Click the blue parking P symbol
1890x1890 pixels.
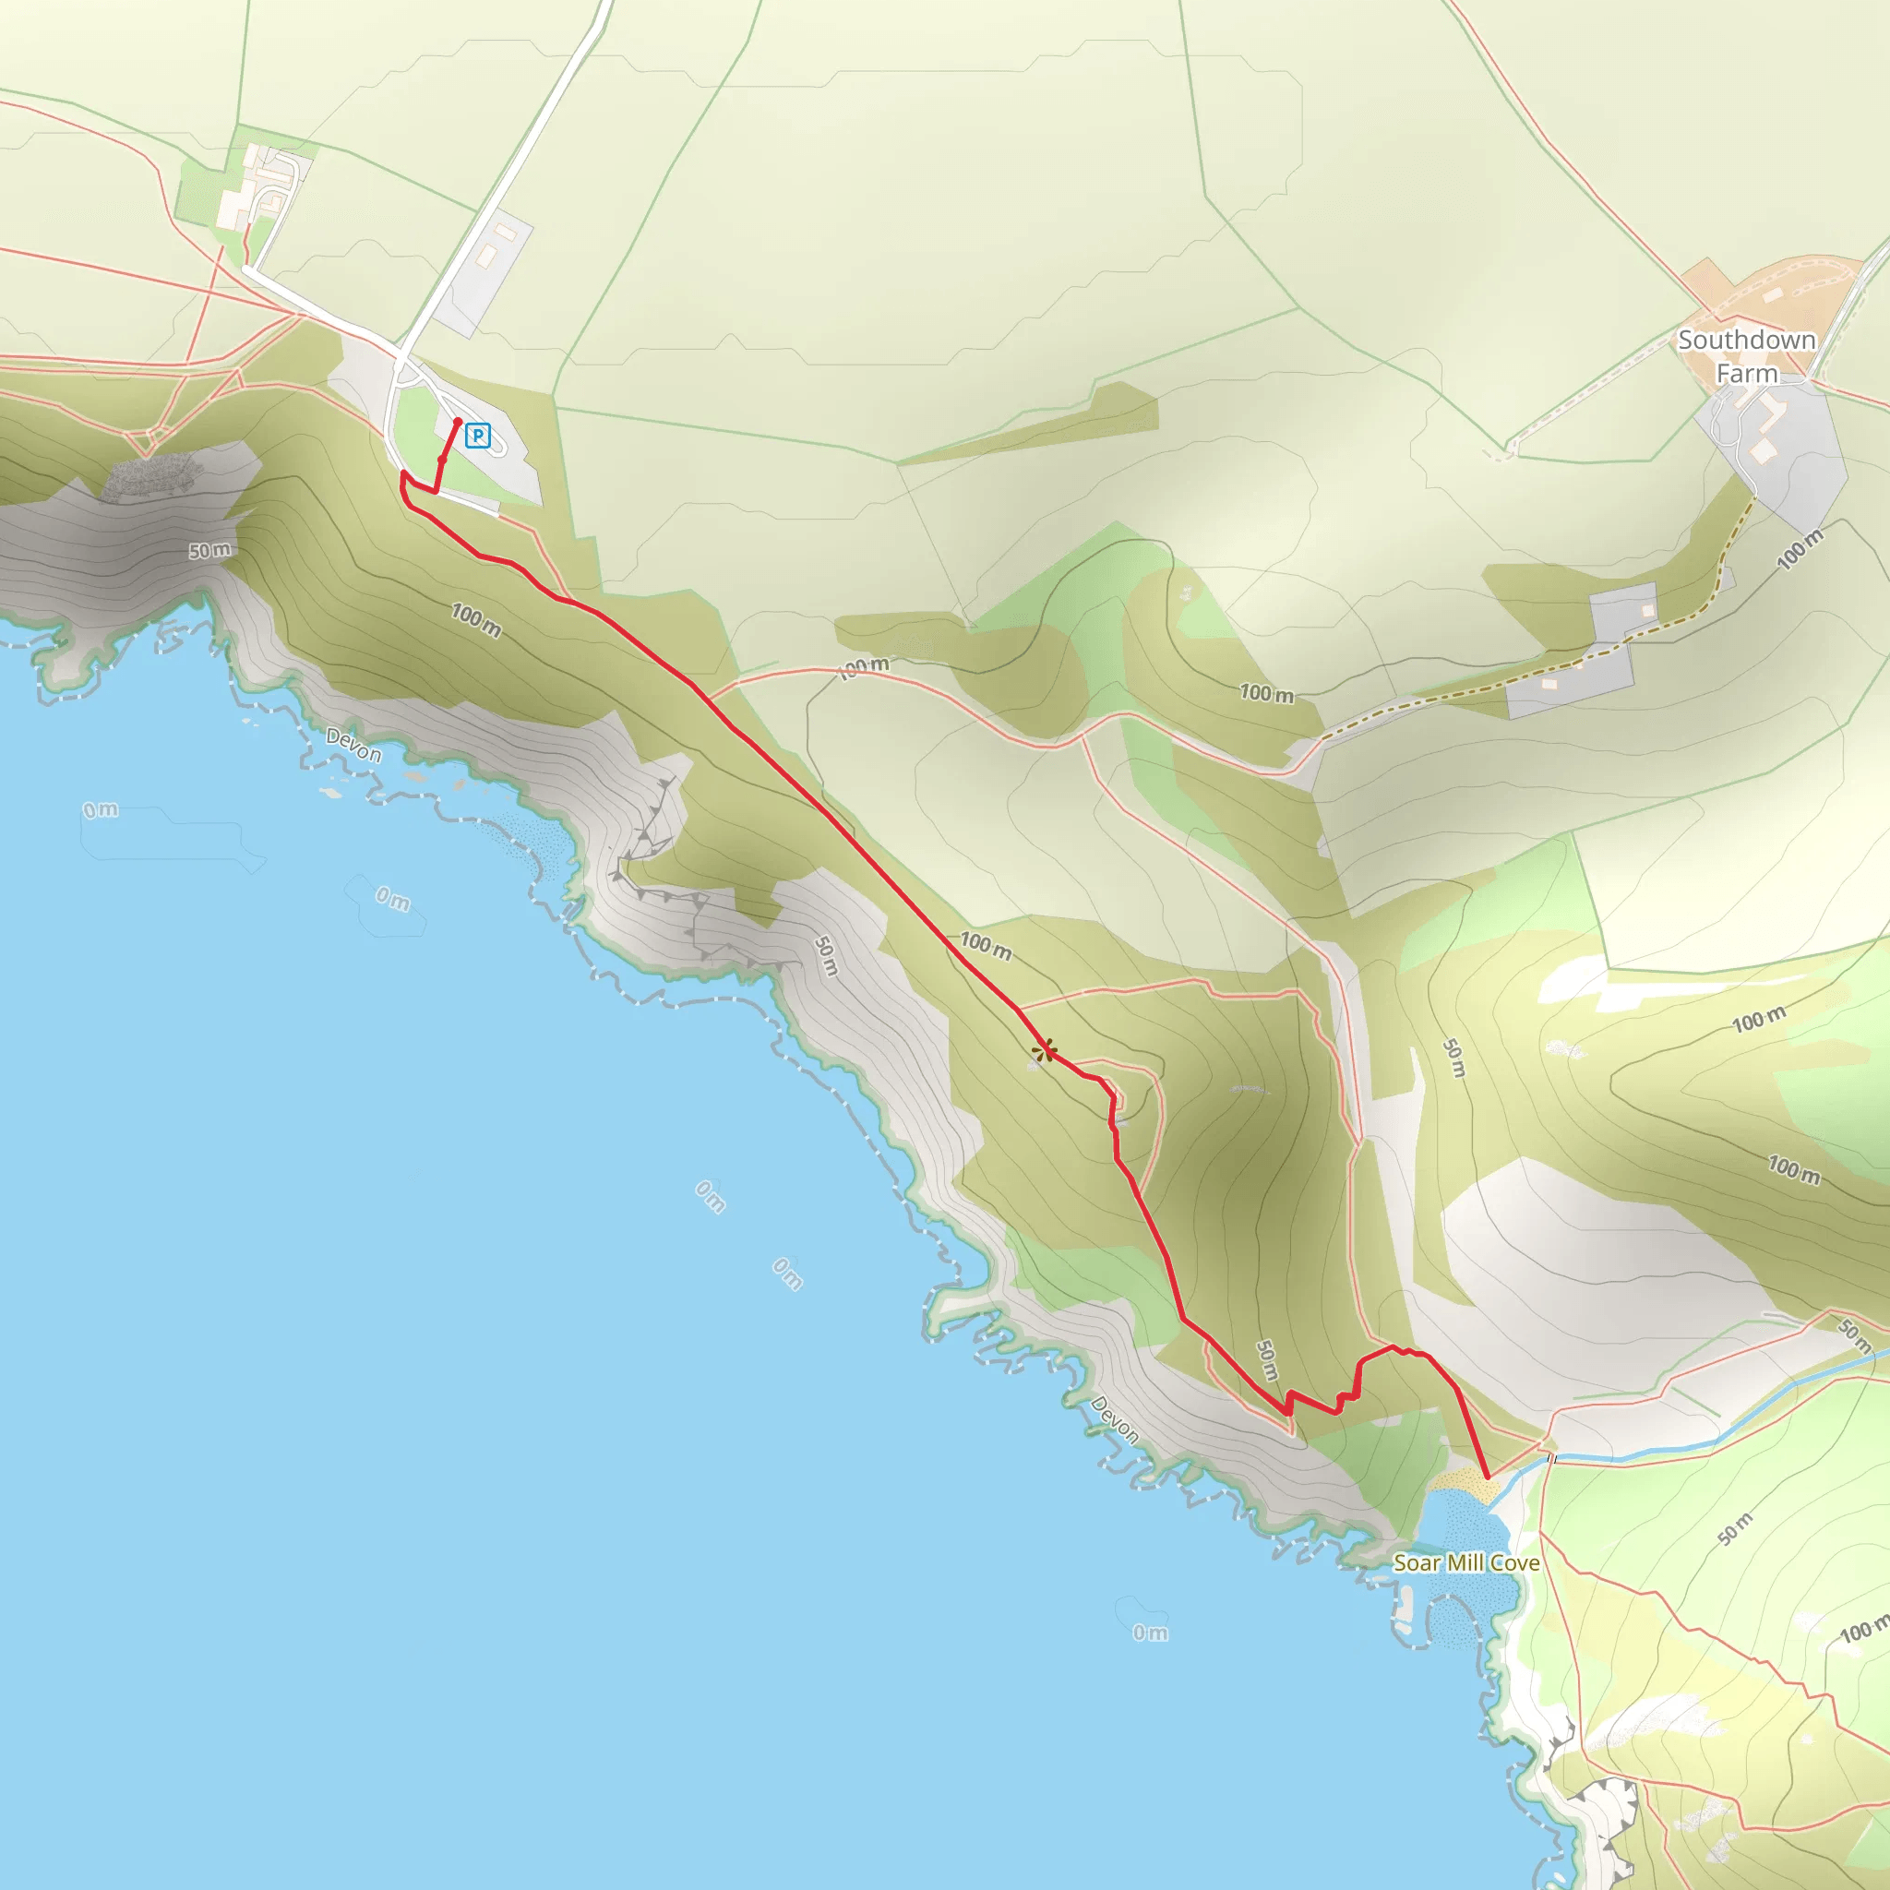click(x=477, y=436)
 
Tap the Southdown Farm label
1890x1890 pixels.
click(x=1746, y=356)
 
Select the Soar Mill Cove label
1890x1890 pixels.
click(x=1466, y=1562)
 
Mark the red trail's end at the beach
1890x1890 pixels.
click(x=1487, y=1477)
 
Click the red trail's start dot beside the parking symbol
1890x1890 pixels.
click(x=458, y=422)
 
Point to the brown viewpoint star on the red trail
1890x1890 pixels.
click(x=1045, y=1052)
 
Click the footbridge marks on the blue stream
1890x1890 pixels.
click(x=1550, y=1459)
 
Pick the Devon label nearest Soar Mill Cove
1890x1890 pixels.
click(x=1115, y=1419)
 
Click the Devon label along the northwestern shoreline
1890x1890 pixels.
click(x=353, y=746)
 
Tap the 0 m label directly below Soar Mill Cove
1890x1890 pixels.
click(x=1151, y=1633)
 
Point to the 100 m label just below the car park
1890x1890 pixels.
click(x=476, y=620)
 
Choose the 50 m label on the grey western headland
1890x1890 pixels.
click(x=210, y=551)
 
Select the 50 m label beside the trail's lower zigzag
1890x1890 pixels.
click(x=1267, y=1359)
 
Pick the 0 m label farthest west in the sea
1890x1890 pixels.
click(x=101, y=810)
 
